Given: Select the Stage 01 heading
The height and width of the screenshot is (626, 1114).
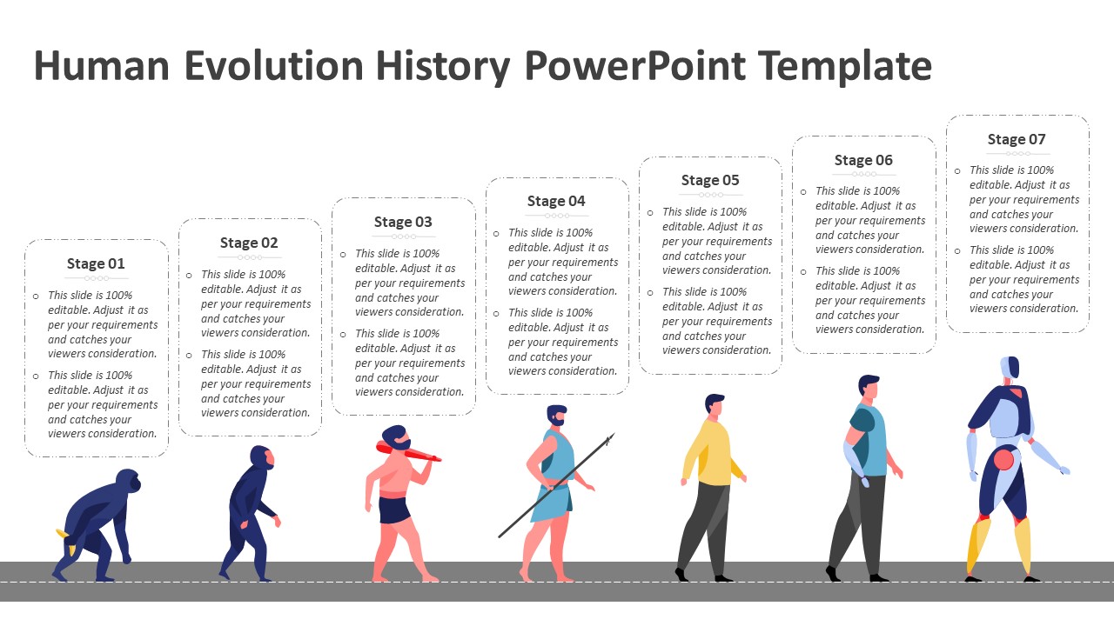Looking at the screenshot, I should [96, 263].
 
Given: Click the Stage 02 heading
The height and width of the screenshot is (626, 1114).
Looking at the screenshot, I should [249, 243].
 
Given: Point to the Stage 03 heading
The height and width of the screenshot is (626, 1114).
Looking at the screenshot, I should [403, 222].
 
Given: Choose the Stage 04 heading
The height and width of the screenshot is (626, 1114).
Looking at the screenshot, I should [556, 201].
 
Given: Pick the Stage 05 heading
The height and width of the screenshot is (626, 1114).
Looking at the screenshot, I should [710, 180].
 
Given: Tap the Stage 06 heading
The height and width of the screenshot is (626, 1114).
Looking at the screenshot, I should [863, 160].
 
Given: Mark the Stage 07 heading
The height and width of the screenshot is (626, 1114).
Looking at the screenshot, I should [1017, 139].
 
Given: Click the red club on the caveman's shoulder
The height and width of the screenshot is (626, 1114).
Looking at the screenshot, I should [409, 451].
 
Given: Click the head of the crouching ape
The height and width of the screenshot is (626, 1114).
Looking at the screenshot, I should [128, 481].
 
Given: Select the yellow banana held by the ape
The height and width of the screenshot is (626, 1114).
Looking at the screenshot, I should [63, 534].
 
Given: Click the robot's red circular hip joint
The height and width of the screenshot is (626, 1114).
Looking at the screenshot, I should [1003, 459].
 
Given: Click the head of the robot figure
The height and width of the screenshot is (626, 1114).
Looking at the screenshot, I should [1010, 368].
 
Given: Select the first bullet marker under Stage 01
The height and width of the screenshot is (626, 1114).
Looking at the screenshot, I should [36, 296].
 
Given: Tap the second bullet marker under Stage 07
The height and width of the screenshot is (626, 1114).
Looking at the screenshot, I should [957, 251].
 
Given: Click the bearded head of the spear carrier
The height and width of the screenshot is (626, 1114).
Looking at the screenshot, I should [557, 416].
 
